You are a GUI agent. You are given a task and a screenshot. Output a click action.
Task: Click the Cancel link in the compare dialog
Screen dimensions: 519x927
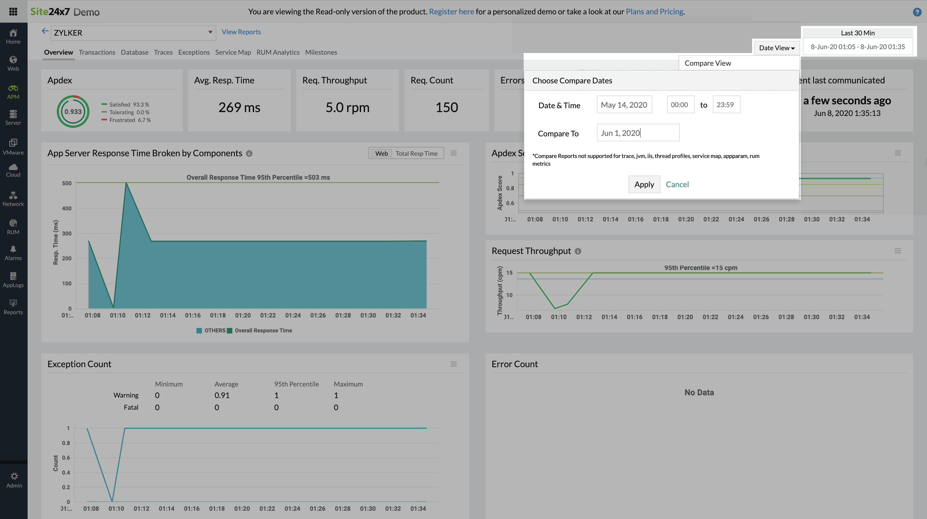pyautogui.click(x=677, y=184)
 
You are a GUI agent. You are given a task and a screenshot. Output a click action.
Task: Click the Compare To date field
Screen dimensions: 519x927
pyautogui.click(x=638, y=133)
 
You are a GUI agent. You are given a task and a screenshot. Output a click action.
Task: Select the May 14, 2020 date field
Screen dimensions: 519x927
pyautogui.click(x=624, y=105)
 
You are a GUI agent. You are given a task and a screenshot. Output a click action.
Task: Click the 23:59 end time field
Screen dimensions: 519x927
pyautogui.click(x=726, y=105)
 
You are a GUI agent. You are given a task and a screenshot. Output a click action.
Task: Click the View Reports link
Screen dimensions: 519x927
pyautogui.click(x=241, y=32)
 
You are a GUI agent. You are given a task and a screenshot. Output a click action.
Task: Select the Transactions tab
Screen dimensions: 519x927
pyautogui.click(x=97, y=52)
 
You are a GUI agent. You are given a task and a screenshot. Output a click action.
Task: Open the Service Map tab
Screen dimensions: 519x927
pyautogui.click(x=233, y=52)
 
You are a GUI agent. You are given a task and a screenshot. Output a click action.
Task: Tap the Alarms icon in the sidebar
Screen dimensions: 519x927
pyautogui.click(x=13, y=253)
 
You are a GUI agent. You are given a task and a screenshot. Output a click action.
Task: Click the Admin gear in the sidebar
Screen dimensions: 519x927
pyautogui.click(x=14, y=480)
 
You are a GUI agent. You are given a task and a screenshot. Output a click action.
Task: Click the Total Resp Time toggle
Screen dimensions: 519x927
pyautogui.click(x=416, y=153)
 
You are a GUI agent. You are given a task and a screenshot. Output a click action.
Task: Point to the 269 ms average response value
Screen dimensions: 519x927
pyautogui.click(x=239, y=107)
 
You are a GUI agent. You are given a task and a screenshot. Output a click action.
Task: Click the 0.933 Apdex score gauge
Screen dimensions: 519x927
pyautogui.click(x=73, y=112)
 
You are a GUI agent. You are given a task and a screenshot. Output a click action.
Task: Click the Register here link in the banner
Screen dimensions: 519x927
pyautogui.click(x=451, y=12)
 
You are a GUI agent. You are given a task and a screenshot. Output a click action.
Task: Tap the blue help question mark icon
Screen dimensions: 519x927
pyautogui.click(x=917, y=12)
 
